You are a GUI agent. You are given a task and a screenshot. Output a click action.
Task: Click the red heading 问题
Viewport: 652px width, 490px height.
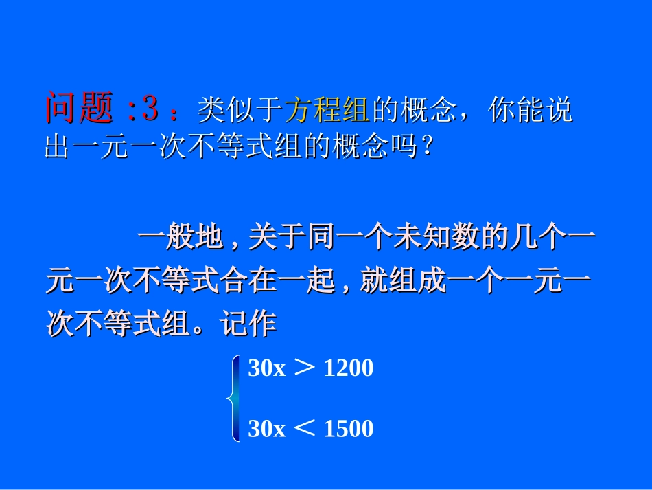[x=78, y=108]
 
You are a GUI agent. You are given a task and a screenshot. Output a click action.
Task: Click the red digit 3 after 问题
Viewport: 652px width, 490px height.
[x=151, y=108]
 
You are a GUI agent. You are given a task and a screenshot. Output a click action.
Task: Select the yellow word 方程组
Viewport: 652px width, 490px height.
[x=327, y=109]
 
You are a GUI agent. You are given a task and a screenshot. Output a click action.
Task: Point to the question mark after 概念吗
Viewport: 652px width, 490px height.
[x=427, y=146]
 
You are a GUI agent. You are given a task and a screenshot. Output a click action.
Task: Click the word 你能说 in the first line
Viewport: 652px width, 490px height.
[x=530, y=109]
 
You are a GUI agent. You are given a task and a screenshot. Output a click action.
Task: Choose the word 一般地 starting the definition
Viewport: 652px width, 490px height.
[x=181, y=238]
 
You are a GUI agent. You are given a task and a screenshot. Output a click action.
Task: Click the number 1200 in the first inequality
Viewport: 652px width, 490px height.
[x=348, y=369]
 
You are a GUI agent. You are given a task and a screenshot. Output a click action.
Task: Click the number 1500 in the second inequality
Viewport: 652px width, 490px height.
[x=348, y=430]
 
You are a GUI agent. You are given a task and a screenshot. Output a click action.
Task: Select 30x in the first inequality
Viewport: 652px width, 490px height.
[x=266, y=369]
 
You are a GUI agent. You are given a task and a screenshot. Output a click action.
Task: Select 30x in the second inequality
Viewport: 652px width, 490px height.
[x=266, y=430]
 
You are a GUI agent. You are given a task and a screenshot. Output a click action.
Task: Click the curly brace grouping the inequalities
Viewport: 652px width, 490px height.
[x=235, y=399]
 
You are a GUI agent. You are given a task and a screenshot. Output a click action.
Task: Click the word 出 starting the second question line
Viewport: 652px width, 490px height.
[x=57, y=146]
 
